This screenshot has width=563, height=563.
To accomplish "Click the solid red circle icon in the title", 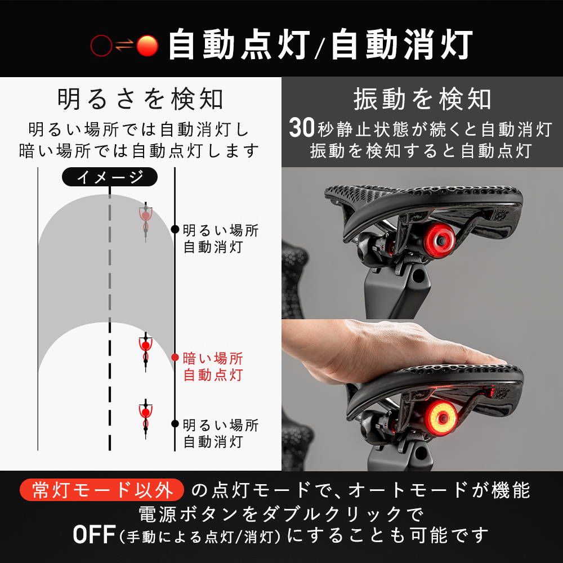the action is [147, 46].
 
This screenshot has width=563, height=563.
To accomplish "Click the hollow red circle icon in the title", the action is [101, 46].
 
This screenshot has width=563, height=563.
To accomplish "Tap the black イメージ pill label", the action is [110, 177].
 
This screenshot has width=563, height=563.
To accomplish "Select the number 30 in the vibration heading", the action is [302, 128].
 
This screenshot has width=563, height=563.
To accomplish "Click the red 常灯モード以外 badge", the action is [102, 490].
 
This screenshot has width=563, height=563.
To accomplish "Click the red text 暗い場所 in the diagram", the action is [213, 358].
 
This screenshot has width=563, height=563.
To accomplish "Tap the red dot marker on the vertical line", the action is [175, 358].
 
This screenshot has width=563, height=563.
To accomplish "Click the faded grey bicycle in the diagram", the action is [145, 221].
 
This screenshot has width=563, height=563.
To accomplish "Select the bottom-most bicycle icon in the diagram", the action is [145, 418].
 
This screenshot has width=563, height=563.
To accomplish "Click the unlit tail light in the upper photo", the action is [439, 239].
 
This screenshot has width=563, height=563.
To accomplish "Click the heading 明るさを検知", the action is [140, 99].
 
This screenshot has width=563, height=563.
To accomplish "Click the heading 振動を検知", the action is [422, 99].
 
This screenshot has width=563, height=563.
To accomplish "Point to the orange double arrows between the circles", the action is [124, 46].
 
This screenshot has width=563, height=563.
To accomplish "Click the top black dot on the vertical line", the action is [175, 229].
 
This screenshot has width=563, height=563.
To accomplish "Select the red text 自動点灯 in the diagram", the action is [213, 374].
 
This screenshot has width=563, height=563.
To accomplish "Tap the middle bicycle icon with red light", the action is [145, 352].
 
